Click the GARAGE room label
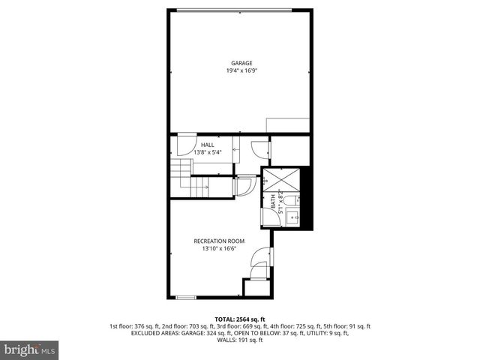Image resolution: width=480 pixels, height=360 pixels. point(240,63)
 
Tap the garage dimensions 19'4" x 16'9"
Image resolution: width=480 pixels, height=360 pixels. point(240,71)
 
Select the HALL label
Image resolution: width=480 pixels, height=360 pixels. point(207,145)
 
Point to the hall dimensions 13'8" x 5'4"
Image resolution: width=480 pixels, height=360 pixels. point(207,153)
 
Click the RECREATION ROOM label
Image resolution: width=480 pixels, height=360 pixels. point(219,241)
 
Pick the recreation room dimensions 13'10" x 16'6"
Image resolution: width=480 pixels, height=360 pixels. point(219,249)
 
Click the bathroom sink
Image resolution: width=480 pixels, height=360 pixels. point(295,217)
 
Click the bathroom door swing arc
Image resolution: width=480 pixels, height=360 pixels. point(244,185)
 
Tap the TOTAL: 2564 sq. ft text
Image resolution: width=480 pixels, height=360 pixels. point(240,319)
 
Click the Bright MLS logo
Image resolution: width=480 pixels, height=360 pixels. point(30,349)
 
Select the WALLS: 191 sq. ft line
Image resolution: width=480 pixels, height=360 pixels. point(240,340)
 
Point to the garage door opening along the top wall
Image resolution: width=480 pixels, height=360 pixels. point(240,10)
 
